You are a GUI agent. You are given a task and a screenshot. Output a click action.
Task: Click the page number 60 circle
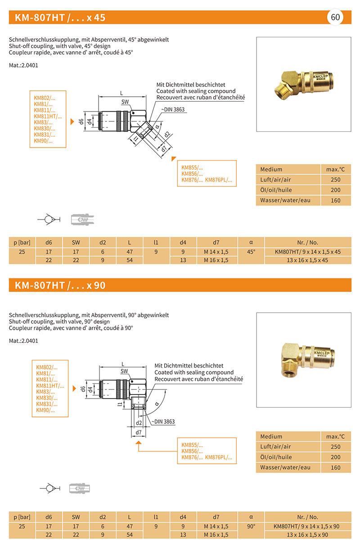coord(335,18)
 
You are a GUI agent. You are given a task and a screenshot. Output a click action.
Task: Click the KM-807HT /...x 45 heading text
coord(60,18)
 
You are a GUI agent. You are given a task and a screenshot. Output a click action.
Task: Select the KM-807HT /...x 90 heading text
coord(60,285)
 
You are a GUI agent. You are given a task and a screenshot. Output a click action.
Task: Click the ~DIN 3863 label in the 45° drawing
coord(173,109)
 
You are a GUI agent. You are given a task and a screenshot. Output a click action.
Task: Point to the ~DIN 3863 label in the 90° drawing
coord(163,421)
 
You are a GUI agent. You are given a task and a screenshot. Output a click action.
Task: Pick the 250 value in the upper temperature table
coord(335,179)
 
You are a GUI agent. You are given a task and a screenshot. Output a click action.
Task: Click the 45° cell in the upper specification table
coord(251,251)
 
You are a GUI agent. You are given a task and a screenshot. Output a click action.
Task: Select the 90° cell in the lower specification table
coord(251,526)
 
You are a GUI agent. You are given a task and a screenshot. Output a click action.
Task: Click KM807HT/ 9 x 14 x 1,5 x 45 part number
coord(307,251)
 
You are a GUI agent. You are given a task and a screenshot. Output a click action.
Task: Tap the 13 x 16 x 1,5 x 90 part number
coord(307,534)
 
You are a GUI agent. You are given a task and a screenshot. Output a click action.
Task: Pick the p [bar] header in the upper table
coord(22,242)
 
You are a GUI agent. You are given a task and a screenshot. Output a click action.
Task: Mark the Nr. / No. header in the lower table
coord(307,517)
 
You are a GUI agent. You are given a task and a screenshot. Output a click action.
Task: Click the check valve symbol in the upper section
coord(47,220)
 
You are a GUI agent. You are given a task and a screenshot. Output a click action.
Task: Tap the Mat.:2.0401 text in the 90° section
coord(23,340)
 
